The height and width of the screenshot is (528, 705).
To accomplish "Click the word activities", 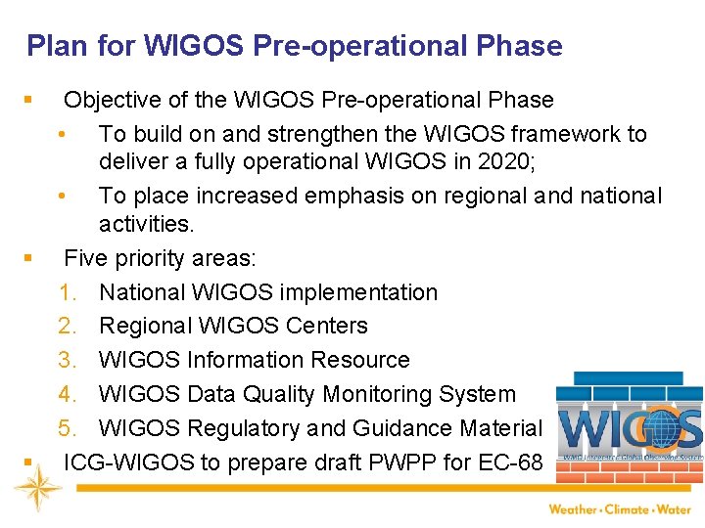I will tap(146, 225).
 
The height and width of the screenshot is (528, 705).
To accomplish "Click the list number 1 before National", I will tap(68, 292).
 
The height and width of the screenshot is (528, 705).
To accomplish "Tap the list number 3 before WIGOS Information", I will tap(68, 360).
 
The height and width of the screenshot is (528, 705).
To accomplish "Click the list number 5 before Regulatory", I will tap(68, 428).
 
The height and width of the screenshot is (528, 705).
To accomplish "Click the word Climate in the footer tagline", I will tap(629, 509).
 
